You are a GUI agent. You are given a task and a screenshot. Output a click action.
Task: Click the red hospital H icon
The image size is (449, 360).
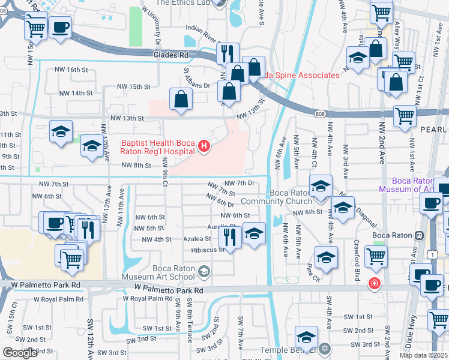(204, 146)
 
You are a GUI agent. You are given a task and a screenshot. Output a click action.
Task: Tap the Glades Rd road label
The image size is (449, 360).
(171, 55)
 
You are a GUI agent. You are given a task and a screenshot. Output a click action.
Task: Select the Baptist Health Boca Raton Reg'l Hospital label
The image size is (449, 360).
(158, 147)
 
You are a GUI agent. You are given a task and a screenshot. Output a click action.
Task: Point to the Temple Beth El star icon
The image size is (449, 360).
(325, 349)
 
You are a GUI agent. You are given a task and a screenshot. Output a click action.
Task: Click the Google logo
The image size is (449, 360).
(20, 353)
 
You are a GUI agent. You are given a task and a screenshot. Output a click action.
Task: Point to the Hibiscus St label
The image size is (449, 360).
(208, 250)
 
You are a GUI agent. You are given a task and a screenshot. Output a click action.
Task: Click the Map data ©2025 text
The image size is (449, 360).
(423, 355)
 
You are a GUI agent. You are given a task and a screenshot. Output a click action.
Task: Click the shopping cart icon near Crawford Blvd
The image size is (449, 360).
(376, 256)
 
